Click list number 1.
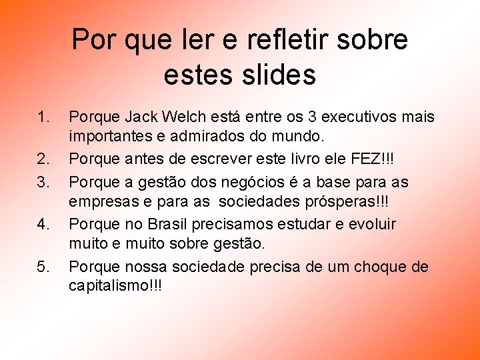click(43, 118)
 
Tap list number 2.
click(43, 161)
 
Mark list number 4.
click(43, 225)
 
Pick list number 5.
click(43, 267)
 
